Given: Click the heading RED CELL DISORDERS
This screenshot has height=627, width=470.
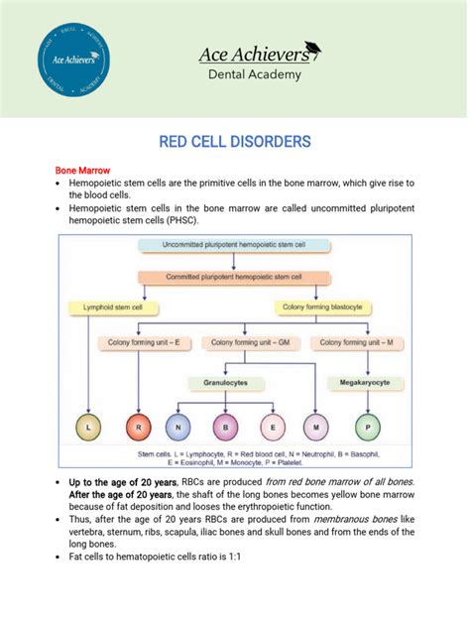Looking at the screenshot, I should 235,143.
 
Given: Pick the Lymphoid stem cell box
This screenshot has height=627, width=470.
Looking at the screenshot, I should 106,309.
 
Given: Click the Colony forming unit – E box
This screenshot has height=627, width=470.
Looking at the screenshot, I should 144,342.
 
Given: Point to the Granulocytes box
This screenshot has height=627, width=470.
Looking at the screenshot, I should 234,381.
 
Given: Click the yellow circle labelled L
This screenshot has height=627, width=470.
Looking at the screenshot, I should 90,430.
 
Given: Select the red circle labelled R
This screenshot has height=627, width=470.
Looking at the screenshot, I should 138,430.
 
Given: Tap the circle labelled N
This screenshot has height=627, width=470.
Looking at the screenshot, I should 180,430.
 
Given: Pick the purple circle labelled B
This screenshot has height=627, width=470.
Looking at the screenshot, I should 226,430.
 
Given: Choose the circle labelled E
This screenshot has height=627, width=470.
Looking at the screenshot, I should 272,430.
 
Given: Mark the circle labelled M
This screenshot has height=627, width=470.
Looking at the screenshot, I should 316,430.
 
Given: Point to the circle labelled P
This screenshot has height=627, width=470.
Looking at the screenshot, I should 368,430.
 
